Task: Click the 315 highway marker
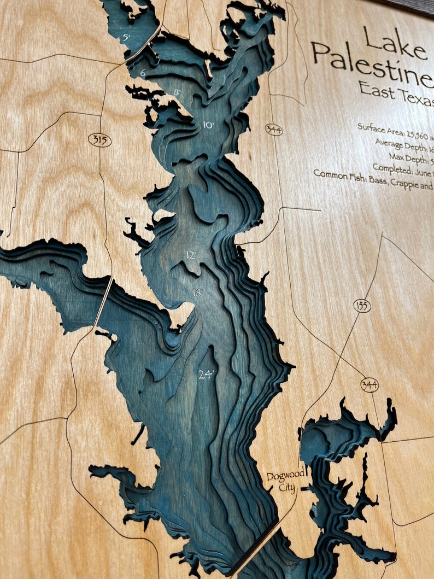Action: (99, 141)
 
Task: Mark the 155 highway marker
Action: (362, 306)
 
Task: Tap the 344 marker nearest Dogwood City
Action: (370, 385)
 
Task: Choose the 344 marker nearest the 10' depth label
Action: (273, 130)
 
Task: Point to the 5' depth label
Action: (126, 38)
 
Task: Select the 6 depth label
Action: (143, 73)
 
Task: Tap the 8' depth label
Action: (177, 92)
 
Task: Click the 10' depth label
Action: (208, 125)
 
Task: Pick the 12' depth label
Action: (191, 255)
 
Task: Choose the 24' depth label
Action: (207, 375)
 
